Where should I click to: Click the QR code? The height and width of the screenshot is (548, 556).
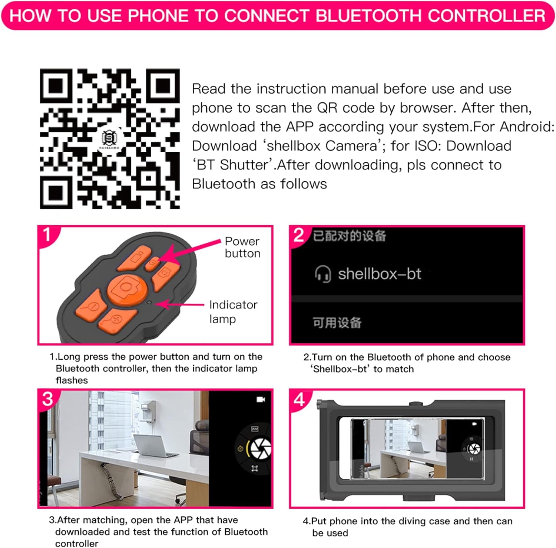click(110, 138)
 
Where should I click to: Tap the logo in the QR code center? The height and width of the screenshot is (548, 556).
click(109, 139)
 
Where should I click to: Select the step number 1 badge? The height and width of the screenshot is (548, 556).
click(47, 235)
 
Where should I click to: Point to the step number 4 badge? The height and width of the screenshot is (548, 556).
click(299, 400)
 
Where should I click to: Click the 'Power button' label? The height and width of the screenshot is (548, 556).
click(242, 247)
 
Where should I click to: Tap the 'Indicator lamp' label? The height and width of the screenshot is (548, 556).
click(233, 312)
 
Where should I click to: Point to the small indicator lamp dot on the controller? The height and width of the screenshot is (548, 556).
click(149, 302)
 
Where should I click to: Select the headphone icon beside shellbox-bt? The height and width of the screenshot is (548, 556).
click(323, 274)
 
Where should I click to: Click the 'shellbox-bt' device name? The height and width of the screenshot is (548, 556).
click(380, 274)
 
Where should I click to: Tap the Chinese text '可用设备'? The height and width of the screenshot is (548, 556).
click(337, 323)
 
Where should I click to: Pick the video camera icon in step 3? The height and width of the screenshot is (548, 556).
click(261, 400)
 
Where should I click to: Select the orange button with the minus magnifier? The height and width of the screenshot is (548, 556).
click(92, 305)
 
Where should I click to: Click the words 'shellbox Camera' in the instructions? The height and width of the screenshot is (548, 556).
click(322, 146)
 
